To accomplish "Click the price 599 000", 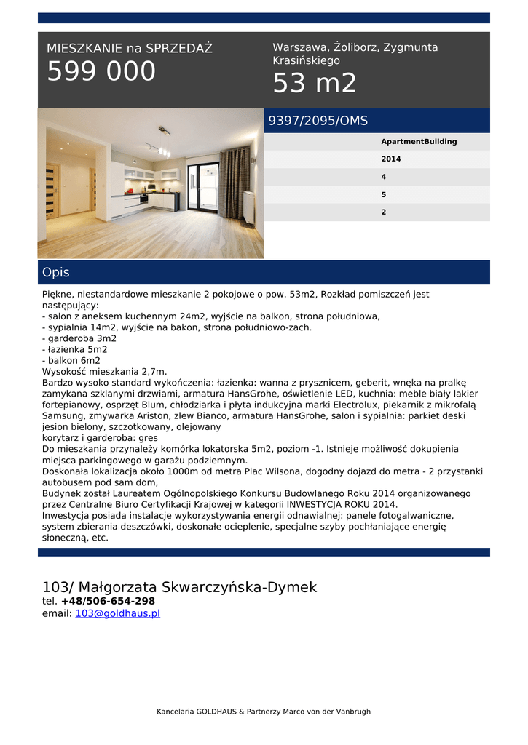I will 101,72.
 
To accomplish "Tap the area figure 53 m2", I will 315,84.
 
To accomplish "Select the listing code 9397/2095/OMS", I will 318,121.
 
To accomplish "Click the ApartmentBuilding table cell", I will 419,142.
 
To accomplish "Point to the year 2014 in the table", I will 391,159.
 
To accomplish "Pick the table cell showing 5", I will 384,195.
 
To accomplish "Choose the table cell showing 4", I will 384,177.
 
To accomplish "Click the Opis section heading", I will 56,273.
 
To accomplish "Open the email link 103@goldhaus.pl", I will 117,613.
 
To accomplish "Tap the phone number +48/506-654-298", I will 108,601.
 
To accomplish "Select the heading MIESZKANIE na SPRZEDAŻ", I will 130,49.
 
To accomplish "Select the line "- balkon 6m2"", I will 71,360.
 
